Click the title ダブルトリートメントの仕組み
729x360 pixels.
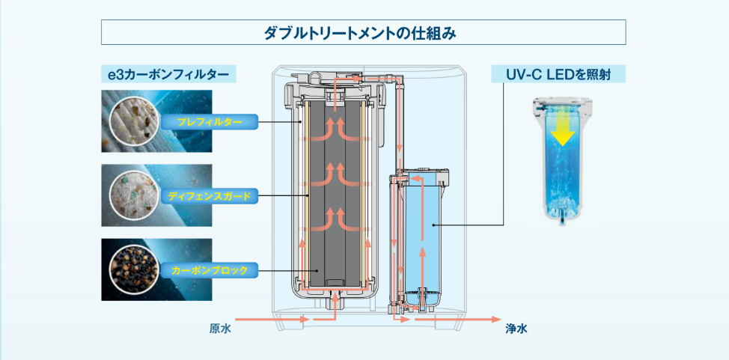tap(364, 33)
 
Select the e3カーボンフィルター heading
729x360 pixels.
tap(169, 75)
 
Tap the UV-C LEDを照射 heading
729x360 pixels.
tap(558, 75)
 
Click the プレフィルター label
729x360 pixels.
tap(210, 120)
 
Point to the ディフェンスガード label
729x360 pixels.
tap(209, 195)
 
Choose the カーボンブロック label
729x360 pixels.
tap(210, 269)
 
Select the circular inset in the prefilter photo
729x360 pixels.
tap(130, 120)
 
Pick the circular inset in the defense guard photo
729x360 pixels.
tap(130, 195)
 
